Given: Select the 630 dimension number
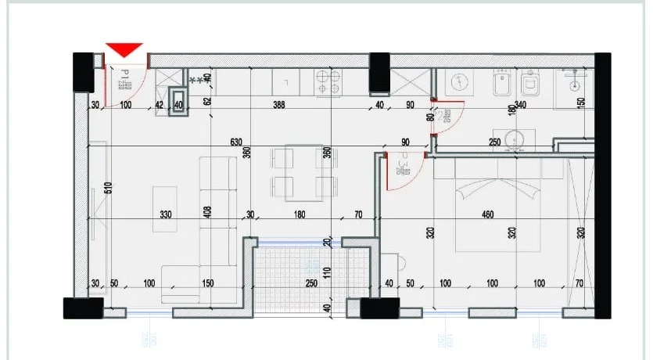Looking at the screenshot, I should (x=235, y=142).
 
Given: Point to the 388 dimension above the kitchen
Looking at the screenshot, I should (x=279, y=105).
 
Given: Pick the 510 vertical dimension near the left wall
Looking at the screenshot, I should (x=109, y=188).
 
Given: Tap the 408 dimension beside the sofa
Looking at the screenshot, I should (x=207, y=215).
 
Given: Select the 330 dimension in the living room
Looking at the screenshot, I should (x=164, y=214).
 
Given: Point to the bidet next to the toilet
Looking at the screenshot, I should (x=501, y=82).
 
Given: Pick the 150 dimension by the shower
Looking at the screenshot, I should (x=580, y=103).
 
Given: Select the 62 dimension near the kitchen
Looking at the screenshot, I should (x=208, y=99).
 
